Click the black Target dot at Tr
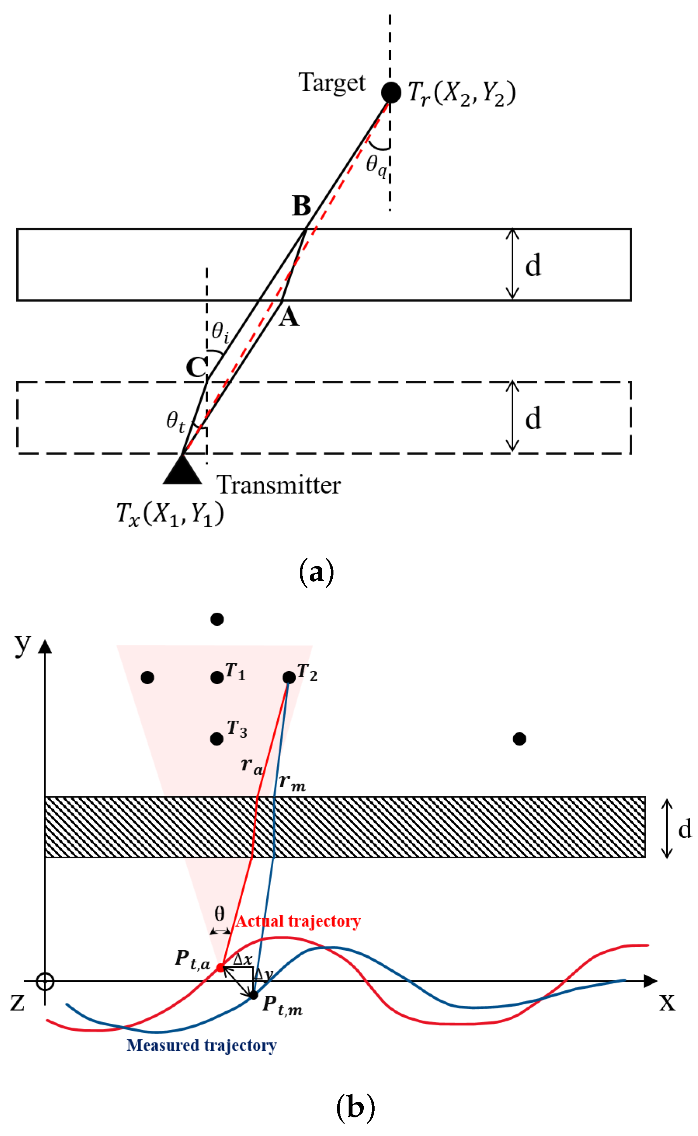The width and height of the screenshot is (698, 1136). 391,92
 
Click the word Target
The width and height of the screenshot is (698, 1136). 332,83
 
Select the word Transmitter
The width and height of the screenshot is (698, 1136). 278,485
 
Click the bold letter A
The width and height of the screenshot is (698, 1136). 289,317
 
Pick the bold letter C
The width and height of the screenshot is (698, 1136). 196,368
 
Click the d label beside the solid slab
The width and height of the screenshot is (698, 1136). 533,266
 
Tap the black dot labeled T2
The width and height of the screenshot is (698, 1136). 289,677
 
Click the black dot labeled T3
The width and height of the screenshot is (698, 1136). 217,739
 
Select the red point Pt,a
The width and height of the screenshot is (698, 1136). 221,967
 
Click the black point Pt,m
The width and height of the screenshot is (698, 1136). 254,995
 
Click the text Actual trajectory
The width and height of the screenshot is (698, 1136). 298,921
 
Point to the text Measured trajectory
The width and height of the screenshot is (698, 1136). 202,1045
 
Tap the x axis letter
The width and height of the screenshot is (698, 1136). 667,1002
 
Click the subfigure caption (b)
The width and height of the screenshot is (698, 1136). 355,1107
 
